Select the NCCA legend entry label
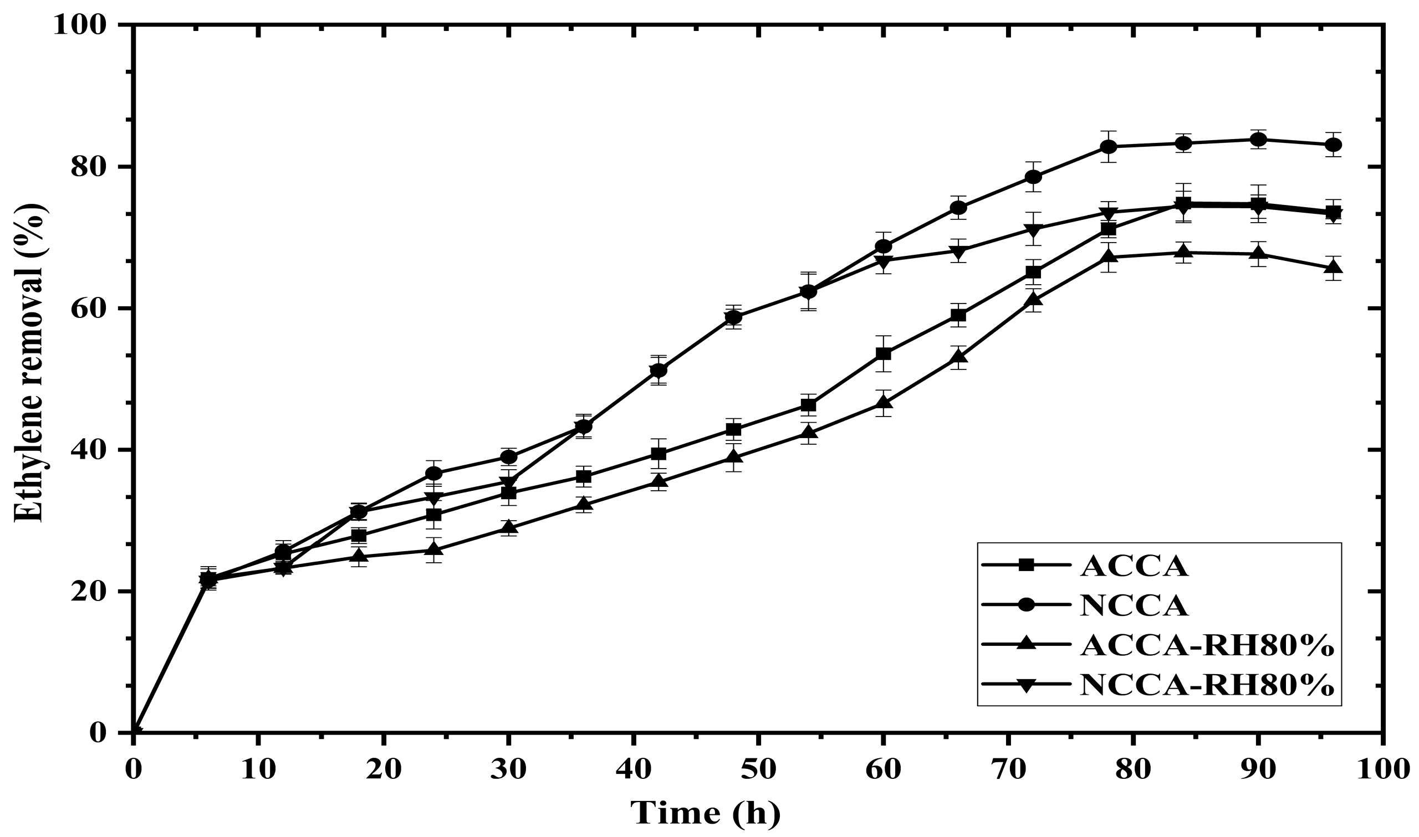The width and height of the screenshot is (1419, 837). [x=1134, y=605]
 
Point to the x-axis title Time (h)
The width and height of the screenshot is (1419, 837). [x=705, y=812]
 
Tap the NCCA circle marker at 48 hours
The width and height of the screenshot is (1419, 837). [x=733, y=317]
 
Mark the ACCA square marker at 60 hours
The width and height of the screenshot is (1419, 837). [x=884, y=353]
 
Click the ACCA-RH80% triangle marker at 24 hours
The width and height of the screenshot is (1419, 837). [x=434, y=549]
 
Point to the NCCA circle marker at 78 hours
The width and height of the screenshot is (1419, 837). [x=1109, y=147]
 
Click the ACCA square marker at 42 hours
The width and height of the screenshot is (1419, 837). [x=659, y=454]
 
